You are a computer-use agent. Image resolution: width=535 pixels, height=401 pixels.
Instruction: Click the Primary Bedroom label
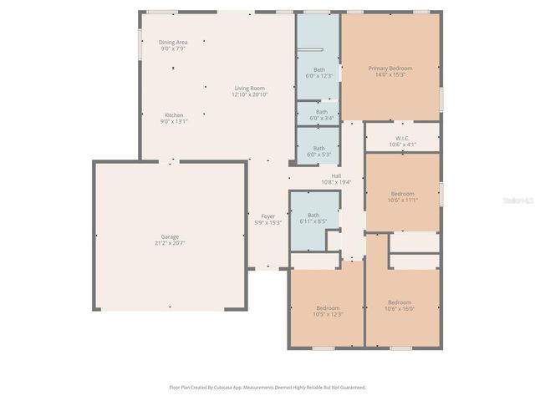390,68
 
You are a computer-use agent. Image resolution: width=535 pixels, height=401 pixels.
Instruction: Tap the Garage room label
170,236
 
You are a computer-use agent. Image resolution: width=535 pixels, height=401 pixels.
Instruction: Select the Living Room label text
249,88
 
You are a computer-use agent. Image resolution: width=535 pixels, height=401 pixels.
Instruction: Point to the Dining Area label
173,42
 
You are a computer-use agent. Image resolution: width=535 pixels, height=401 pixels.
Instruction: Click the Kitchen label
174,114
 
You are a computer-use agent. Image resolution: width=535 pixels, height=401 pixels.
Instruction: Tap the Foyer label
267,216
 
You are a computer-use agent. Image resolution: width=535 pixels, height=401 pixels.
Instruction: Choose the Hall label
336,175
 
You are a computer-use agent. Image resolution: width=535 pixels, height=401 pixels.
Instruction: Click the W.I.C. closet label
402,138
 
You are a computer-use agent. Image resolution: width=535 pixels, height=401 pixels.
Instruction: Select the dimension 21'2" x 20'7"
170,243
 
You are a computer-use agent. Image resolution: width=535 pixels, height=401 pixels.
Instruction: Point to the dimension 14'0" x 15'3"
390,74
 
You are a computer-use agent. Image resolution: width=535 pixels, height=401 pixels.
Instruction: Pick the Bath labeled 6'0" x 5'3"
319,148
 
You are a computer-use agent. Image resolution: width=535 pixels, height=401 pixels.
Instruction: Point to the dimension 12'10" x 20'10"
249,94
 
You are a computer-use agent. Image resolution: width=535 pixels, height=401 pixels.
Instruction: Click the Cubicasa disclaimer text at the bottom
267,387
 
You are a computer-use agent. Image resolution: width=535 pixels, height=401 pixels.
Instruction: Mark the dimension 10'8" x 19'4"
336,182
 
